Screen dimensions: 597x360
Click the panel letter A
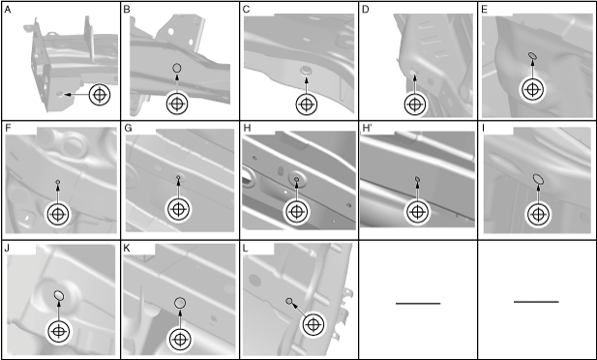[7, 10]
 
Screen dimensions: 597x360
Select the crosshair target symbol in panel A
[100, 95]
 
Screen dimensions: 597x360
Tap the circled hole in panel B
[177, 68]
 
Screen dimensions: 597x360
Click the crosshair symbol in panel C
[307, 104]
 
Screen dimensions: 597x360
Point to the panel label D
[366, 10]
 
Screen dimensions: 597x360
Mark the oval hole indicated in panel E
[532, 55]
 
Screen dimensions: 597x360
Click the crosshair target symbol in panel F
[57, 215]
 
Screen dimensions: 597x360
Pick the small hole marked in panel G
[179, 177]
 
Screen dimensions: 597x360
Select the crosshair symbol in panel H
[296, 211]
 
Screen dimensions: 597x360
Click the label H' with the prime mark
[366, 129]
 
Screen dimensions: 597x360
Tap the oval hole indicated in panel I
[538, 178]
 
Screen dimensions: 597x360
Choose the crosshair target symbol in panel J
[58, 331]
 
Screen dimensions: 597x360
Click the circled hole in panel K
[180, 303]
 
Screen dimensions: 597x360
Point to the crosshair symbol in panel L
[313, 325]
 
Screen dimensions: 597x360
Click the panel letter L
[245, 249]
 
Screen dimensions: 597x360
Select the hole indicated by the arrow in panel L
[289, 301]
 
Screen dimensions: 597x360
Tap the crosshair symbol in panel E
[532, 90]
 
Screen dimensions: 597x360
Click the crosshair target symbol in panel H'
[417, 212]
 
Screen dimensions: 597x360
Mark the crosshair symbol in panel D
[415, 104]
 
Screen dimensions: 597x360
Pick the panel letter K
[127, 249]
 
